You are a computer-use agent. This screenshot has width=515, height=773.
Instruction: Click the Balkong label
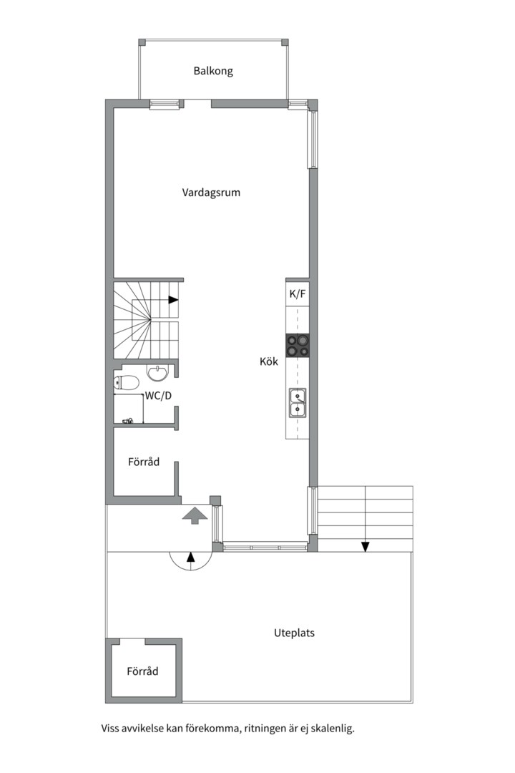213,71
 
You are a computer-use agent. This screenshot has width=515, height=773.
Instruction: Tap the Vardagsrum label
211,193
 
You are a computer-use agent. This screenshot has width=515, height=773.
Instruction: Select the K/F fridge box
298,294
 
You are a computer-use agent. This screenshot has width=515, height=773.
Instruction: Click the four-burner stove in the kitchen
298,345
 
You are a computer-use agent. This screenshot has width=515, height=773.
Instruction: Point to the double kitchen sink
298,402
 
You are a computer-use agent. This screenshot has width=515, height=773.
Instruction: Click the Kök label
269,361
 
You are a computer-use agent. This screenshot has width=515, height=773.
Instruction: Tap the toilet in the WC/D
126,383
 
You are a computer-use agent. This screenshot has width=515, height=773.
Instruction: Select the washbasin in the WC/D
157,373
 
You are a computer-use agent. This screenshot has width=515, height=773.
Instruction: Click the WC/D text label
158,395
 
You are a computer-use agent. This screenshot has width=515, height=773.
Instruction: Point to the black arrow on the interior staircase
173,299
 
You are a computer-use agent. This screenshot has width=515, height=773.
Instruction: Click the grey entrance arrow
195,515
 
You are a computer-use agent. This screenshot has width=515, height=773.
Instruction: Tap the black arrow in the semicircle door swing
191,557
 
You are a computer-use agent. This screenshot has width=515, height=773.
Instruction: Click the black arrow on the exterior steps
366,547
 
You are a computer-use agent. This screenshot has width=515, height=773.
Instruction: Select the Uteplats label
294,633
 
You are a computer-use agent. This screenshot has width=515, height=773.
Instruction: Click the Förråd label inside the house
144,462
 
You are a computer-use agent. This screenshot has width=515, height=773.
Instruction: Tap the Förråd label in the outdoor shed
142,671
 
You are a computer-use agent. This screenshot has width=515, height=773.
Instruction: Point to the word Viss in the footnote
110,729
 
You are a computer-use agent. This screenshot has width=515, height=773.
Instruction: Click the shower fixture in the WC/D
128,421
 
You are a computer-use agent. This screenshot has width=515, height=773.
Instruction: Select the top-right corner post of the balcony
285,42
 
